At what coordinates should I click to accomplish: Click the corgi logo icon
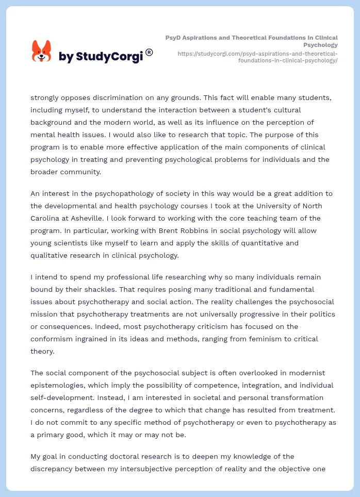(41, 51)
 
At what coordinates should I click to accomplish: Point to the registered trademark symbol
(149, 52)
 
